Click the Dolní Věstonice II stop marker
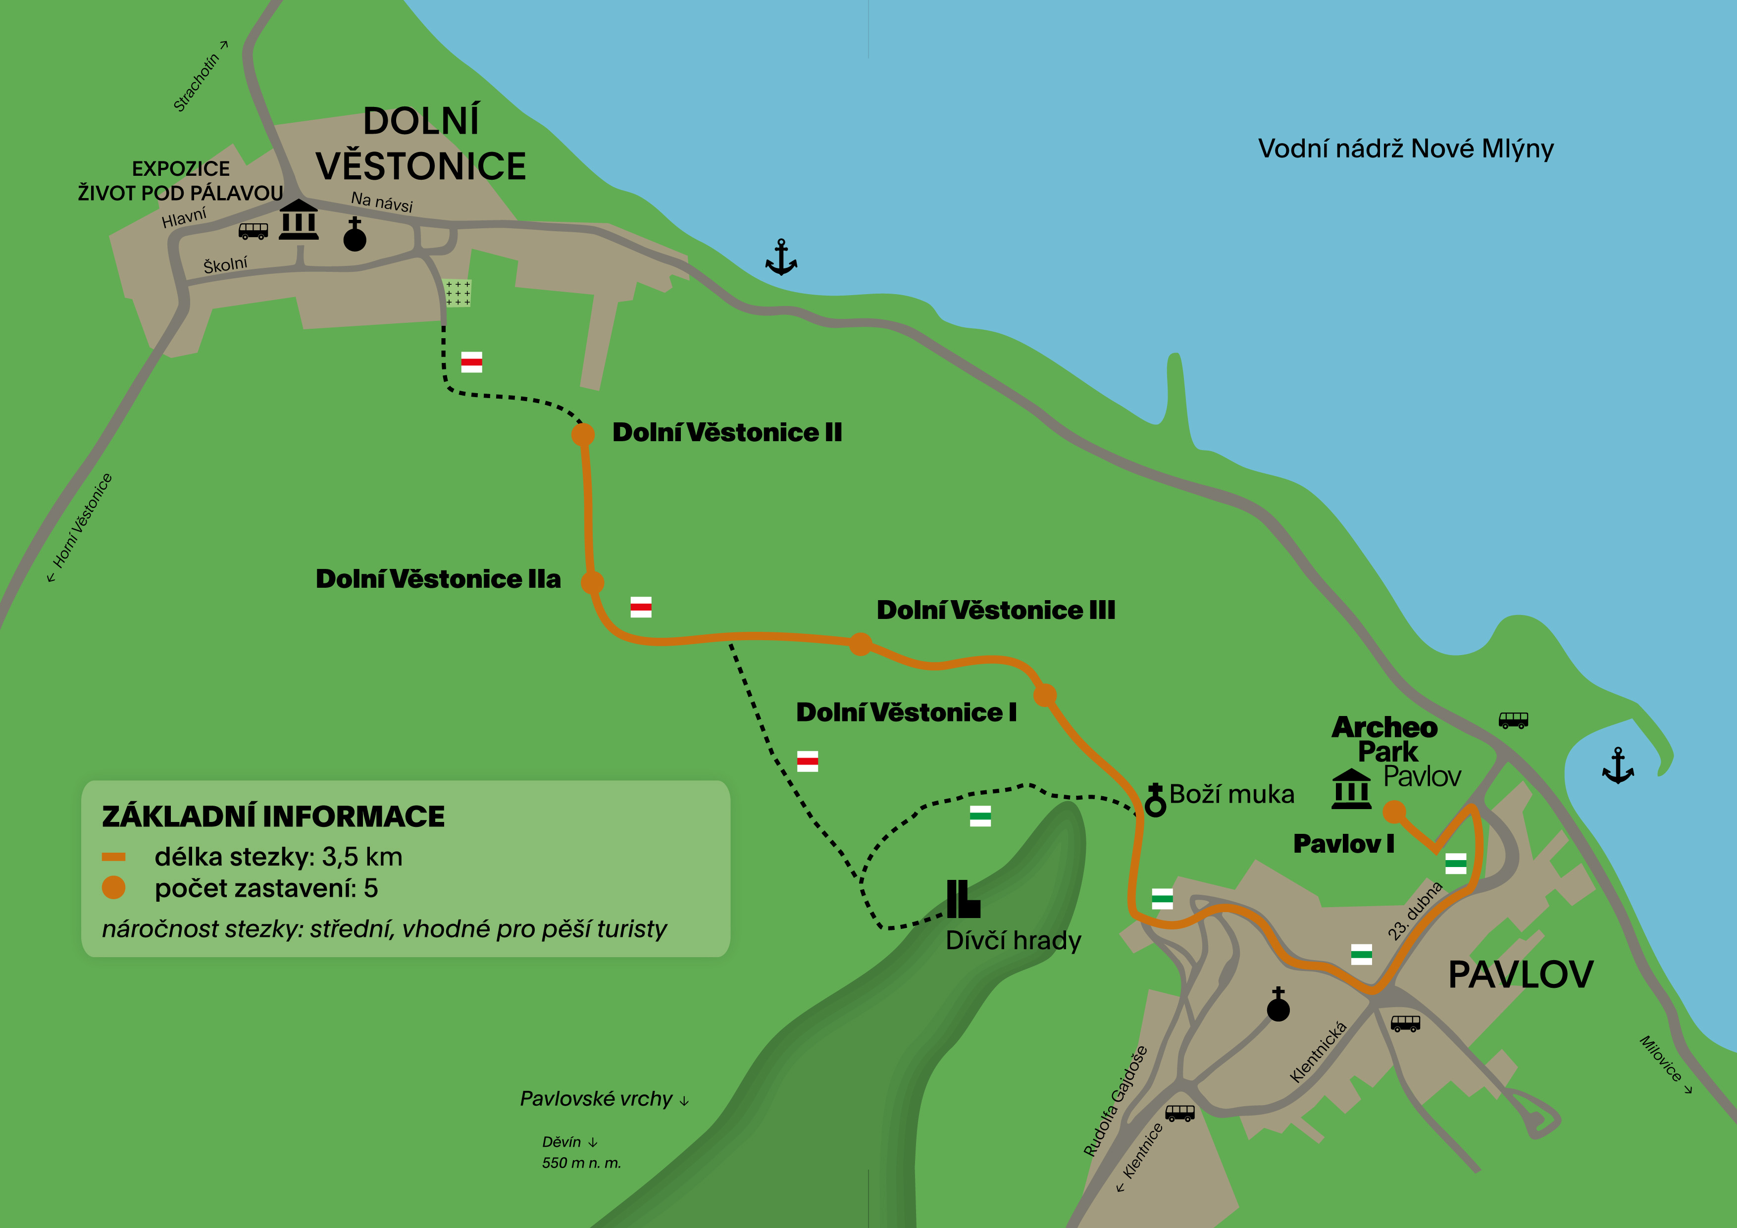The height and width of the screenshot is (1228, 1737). (582, 434)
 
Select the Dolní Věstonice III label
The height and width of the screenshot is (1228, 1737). (996, 611)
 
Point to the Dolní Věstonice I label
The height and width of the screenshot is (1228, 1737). (906, 713)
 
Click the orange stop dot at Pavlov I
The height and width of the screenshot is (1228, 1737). (1394, 812)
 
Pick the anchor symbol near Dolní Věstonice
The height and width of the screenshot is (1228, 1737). (781, 257)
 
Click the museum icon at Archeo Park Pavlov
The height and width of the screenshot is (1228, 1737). (1351, 789)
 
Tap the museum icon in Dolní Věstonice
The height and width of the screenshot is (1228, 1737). (299, 220)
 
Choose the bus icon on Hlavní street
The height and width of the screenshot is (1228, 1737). (254, 231)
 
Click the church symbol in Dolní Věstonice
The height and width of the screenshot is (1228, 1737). (355, 235)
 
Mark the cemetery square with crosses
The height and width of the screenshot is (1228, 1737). (458, 293)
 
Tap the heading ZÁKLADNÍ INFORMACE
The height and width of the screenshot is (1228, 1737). (273, 817)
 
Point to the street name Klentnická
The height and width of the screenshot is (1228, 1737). (1319, 1052)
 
